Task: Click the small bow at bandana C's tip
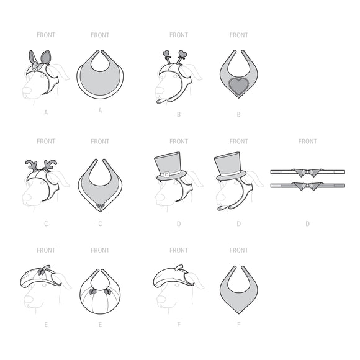[100, 203]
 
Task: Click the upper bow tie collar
[307, 172]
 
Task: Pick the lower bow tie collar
[307, 186]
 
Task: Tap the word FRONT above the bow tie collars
[307, 142]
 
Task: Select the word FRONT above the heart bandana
[238, 35]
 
